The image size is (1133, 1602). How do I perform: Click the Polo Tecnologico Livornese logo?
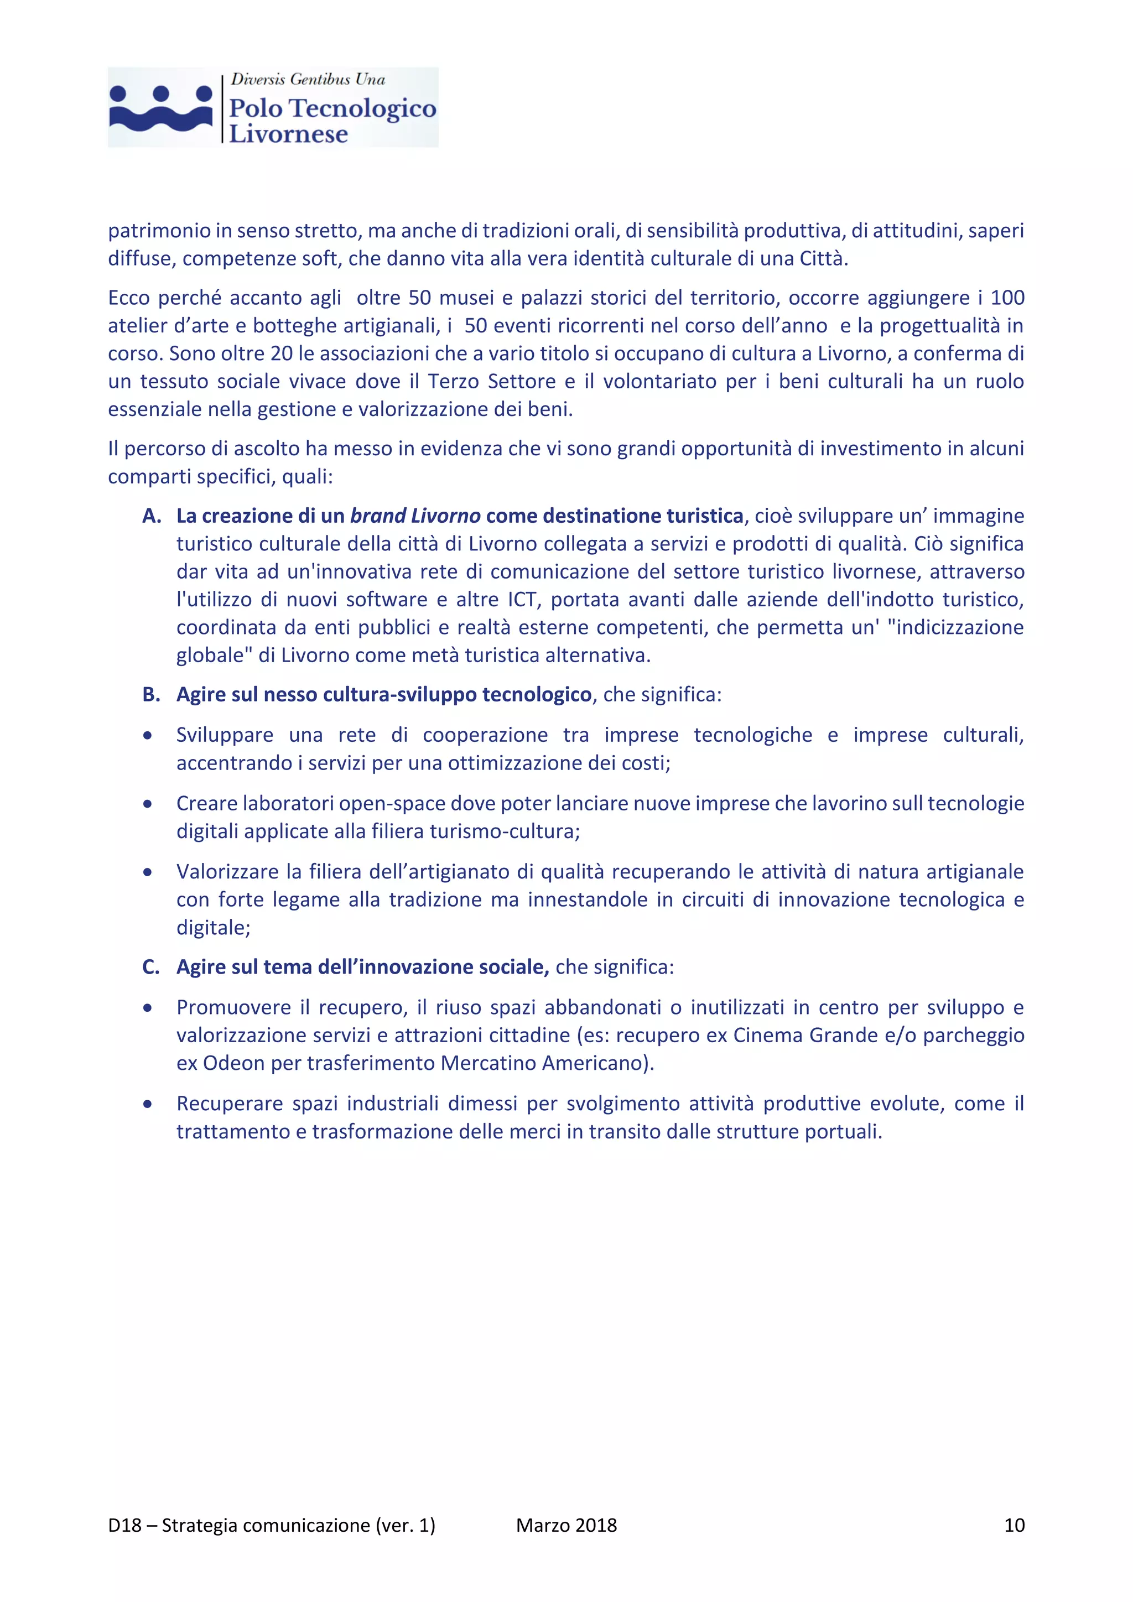click(x=273, y=107)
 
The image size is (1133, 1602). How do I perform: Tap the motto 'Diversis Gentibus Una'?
click(x=308, y=80)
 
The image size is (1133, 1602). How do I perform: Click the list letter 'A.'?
click(x=152, y=516)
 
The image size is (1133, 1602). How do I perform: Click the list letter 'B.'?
click(x=152, y=694)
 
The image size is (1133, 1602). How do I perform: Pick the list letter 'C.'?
click(x=150, y=966)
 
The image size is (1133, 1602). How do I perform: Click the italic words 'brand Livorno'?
click(x=415, y=516)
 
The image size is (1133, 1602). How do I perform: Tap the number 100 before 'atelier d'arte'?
click(x=1007, y=298)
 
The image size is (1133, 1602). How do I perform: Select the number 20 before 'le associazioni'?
click(x=281, y=353)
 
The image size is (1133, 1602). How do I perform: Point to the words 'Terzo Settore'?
click(x=492, y=382)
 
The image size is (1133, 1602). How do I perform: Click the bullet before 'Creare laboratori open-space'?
click(x=147, y=804)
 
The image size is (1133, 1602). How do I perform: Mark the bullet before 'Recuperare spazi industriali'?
click(x=147, y=1104)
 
